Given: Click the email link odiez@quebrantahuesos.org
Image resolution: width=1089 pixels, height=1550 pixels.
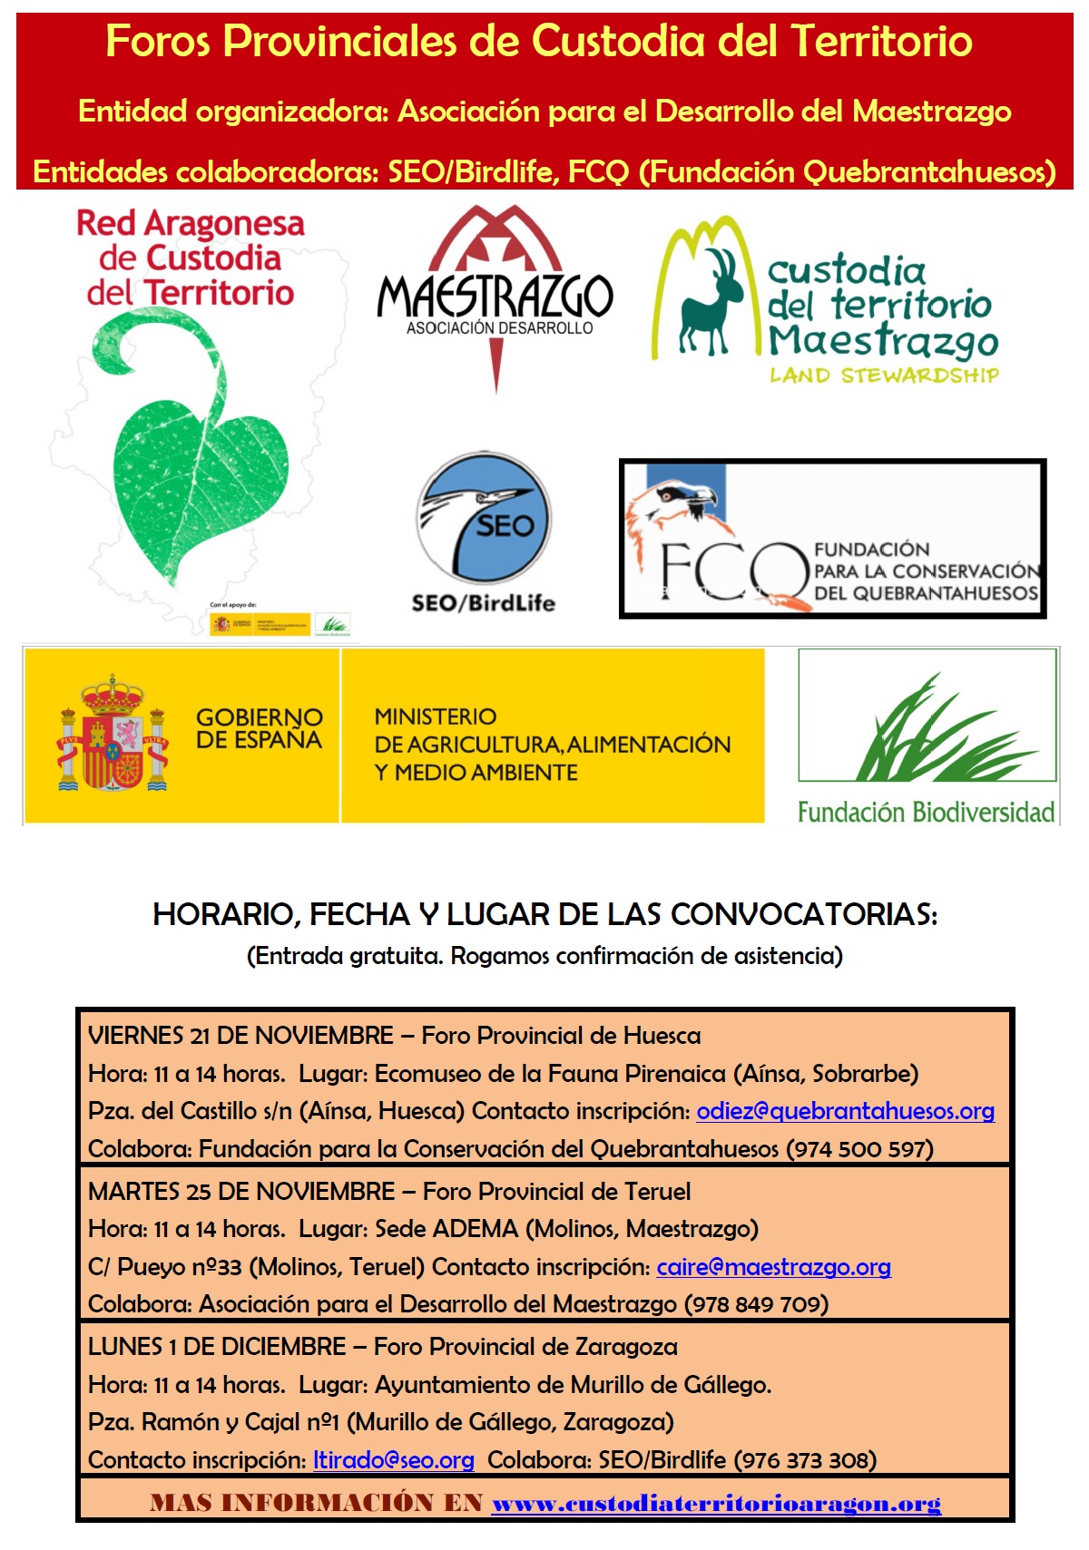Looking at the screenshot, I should (x=845, y=1111).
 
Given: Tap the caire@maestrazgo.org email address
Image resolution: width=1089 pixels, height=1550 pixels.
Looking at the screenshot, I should (x=773, y=1267).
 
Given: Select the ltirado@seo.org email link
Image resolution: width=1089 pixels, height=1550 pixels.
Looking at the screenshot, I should (x=393, y=1460).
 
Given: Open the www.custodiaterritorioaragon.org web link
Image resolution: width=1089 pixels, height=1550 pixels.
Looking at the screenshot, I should (x=716, y=1504).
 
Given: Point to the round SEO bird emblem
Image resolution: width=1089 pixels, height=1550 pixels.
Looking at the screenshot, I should (x=484, y=518).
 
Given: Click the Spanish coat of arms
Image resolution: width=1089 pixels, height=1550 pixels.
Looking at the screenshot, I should (x=113, y=735).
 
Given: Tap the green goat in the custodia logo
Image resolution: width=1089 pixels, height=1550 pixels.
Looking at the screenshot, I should (x=712, y=304).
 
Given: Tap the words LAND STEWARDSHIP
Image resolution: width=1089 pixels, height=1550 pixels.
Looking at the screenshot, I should (x=884, y=375).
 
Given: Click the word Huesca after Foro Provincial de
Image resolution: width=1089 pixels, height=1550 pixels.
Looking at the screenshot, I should (x=662, y=1036).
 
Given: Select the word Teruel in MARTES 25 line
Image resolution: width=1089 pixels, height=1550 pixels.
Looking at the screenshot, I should (x=656, y=1192).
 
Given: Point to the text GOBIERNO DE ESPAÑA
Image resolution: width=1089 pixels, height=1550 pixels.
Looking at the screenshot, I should (x=259, y=728).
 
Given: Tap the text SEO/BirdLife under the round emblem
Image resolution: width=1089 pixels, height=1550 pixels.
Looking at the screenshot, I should (x=483, y=603).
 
